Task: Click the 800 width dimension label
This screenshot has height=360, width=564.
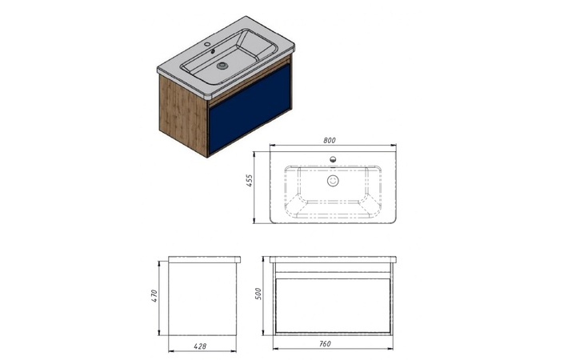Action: [x=329, y=140]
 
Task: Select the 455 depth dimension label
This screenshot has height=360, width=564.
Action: [x=250, y=181]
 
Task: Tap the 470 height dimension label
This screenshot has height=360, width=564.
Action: [x=154, y=296]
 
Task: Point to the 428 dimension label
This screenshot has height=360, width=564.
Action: [x=200, y=346]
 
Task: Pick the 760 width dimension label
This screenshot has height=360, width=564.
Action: [x=325, y=344]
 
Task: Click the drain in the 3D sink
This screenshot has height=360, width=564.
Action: [x=222, y=66]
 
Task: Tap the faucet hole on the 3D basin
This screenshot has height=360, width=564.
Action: [x=207, y=44]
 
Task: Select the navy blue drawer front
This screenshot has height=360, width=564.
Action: [x=250, y=109]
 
